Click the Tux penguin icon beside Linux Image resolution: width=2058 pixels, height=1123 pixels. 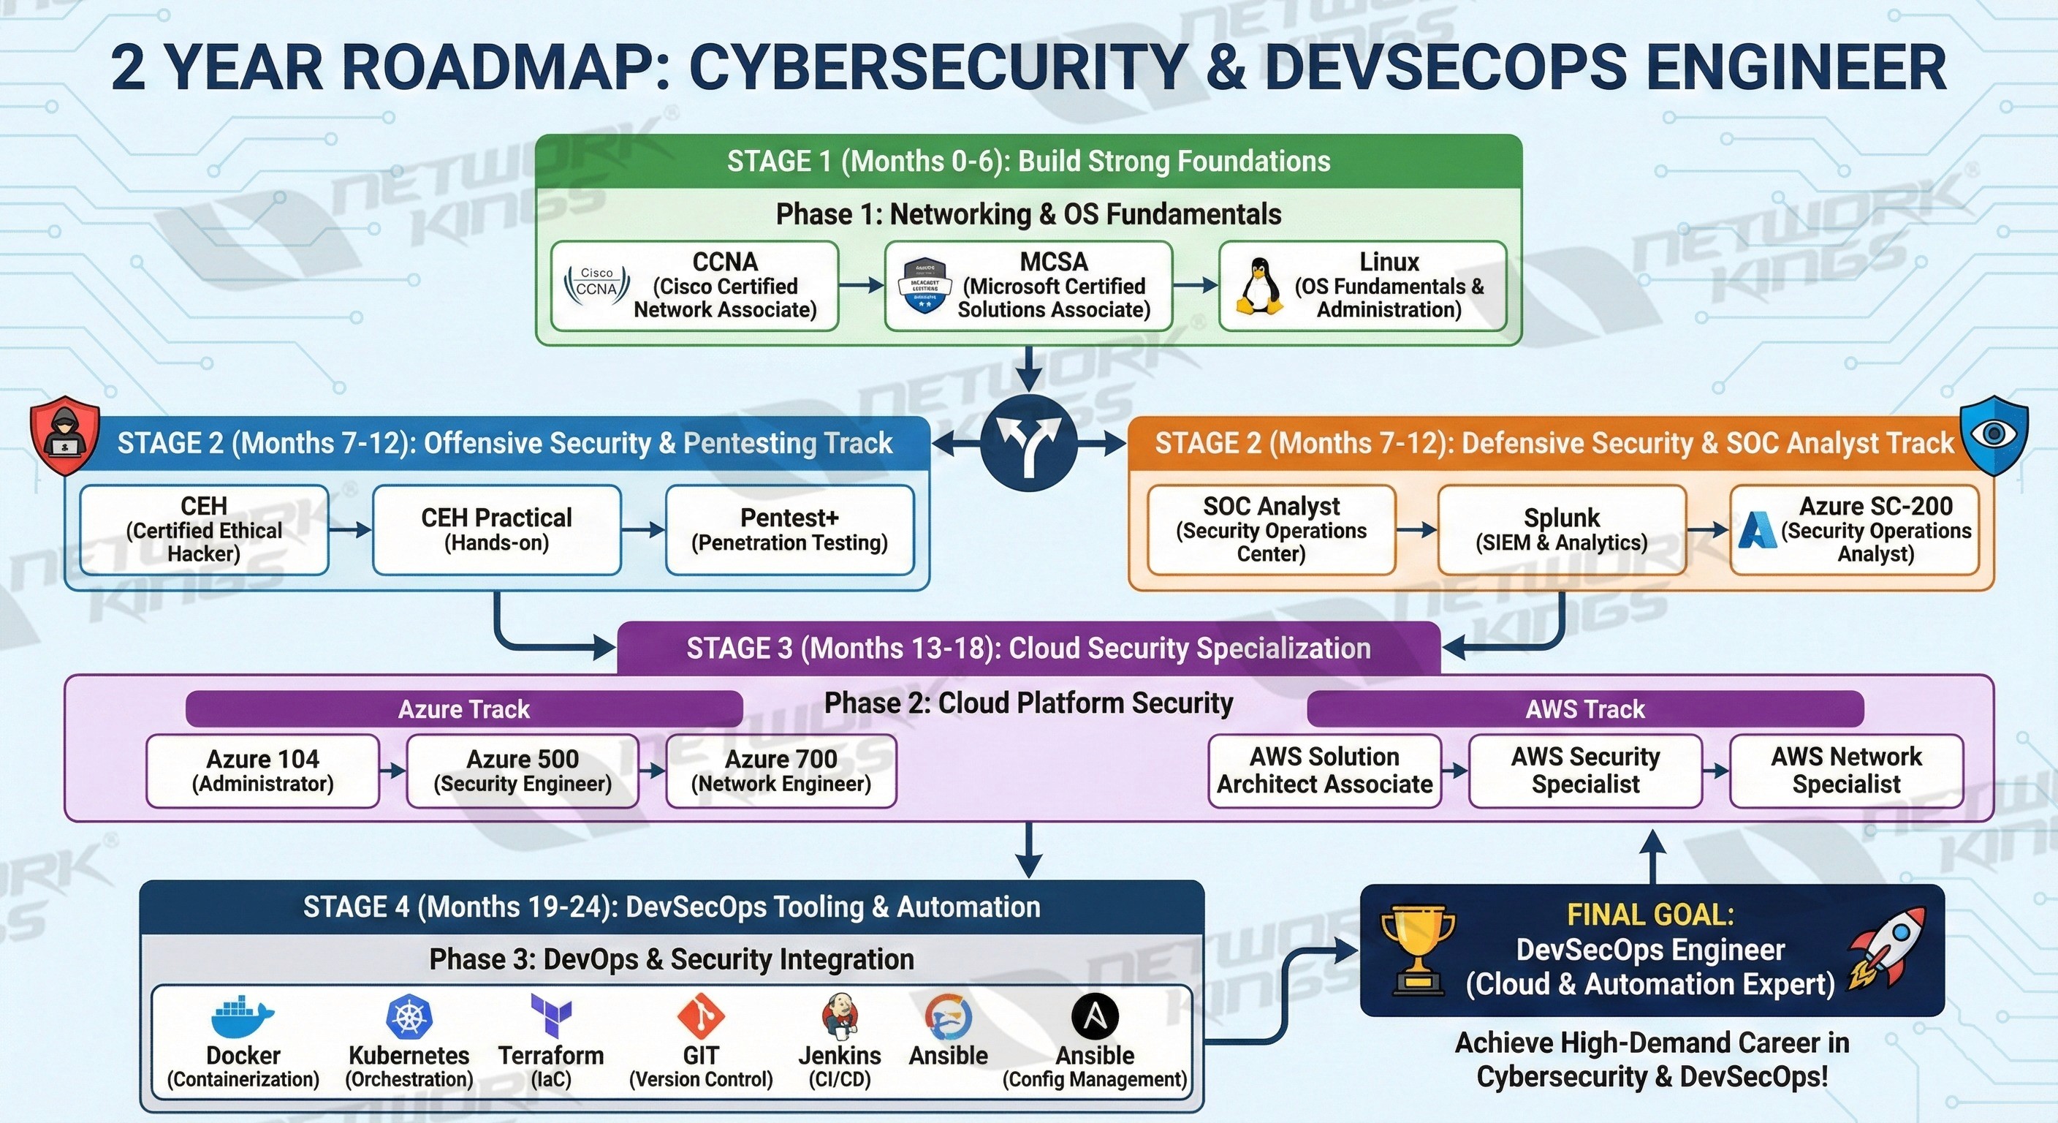[x=1259, y=285]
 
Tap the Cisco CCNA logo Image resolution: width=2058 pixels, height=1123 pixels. [x=597, y=285]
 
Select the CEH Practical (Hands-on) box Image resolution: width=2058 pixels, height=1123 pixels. [x=496, y=529]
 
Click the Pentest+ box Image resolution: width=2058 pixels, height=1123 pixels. [x=789, y=529]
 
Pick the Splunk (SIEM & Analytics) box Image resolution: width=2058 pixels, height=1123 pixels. [x=1561, y=529]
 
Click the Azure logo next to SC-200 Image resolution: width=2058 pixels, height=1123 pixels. [x=1757, y=531]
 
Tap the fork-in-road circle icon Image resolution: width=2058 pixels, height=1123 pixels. [x=1029, y=442]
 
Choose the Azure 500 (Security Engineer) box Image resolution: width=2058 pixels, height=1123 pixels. [x=523, y=771]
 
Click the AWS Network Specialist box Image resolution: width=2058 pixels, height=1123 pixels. [x=1845, y=771]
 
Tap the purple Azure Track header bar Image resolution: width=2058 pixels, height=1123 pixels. [x=463, y=709]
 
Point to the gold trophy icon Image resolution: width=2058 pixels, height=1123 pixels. [x=1418, y=950]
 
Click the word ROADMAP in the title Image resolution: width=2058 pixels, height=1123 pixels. [x=506, y=67]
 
